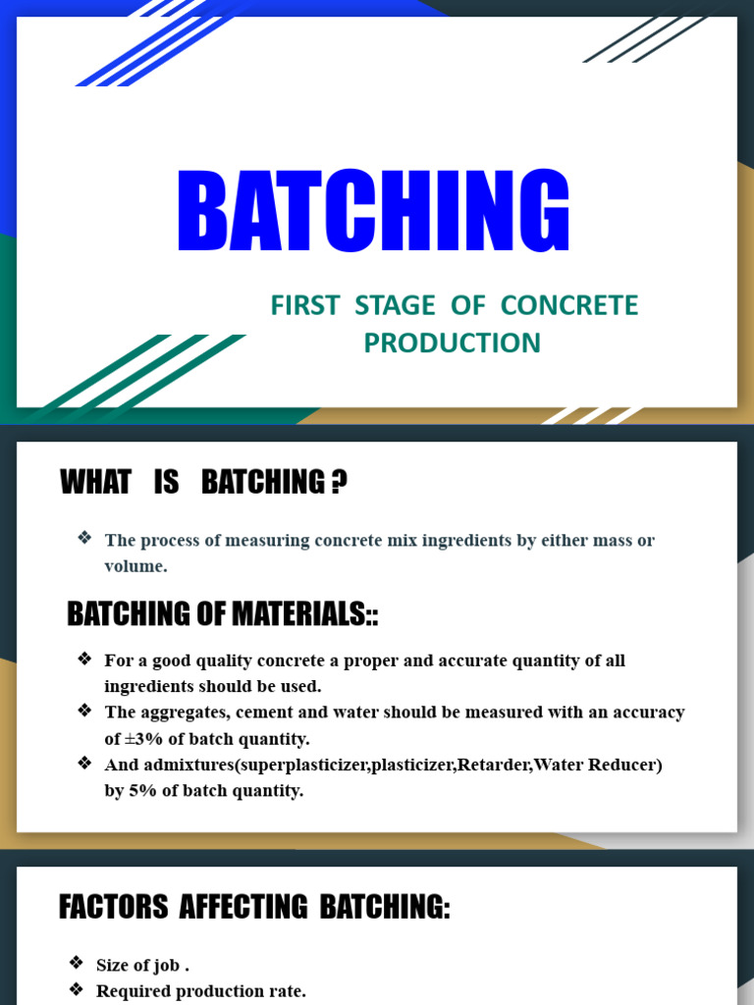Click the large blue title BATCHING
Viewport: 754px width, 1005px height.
[374, 213]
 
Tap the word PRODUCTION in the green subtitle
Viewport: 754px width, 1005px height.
[452, 344]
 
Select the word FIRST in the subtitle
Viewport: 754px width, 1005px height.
[303, 306]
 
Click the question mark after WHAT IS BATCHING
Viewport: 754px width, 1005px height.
[339, 483]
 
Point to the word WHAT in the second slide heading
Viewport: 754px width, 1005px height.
[95, 483]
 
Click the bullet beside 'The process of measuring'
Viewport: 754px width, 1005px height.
[84, 538]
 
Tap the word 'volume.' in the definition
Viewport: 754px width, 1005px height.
[135, 566]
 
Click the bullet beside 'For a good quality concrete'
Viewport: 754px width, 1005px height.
[84, 659]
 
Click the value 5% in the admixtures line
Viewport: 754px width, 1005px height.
[142, 790]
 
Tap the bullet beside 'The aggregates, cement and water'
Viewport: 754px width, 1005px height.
[84, 711]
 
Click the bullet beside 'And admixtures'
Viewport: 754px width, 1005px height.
[84, 763]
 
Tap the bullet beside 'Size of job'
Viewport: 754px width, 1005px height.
[77, 964]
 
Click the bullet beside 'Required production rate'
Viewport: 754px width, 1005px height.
[77, 990]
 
